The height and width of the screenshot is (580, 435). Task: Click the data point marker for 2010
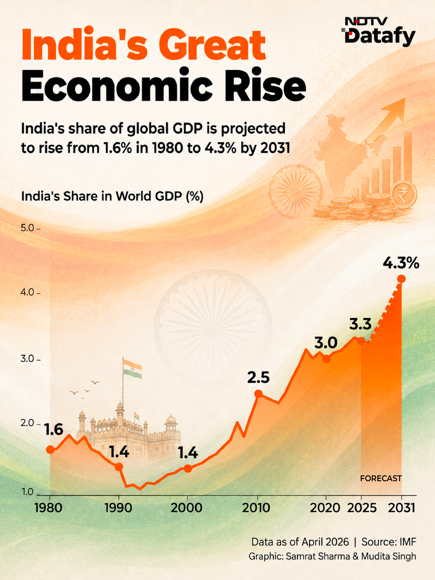coord(259,394)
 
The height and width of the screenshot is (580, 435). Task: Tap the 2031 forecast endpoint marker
coord(401,279)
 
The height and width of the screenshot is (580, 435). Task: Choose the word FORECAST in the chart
coord(381,478)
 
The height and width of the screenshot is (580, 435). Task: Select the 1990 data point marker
coord(119,467)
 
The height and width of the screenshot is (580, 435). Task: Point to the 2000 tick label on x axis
coord(186,508)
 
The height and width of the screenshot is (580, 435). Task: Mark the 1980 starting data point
coord(50,449)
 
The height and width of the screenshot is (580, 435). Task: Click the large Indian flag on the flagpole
coord(133,369)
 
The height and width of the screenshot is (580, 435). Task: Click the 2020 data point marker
coord(326,358)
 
